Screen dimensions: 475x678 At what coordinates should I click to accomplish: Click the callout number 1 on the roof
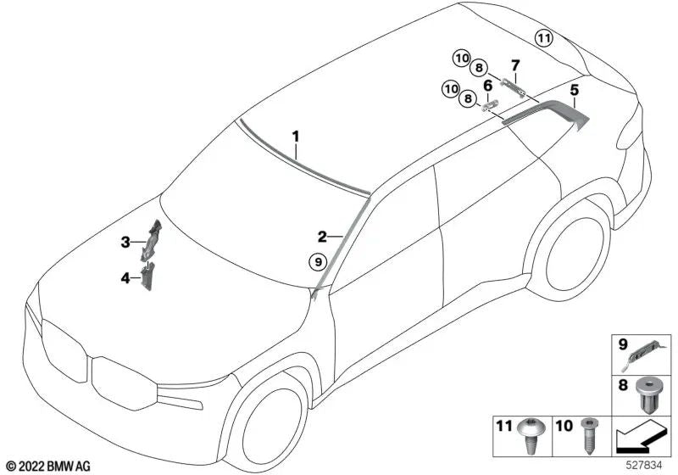[296, 135]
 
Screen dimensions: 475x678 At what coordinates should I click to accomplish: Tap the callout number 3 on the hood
[125, 243]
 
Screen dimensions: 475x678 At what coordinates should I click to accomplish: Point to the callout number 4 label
[125, 277]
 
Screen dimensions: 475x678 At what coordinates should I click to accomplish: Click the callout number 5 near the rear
[574, 89]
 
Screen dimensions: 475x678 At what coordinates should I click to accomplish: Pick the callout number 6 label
[488, 85]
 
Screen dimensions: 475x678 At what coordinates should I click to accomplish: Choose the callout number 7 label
[514, 64]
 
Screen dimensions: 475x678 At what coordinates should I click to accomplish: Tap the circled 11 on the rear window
[542, 37]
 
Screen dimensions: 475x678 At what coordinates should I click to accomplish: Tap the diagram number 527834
[645, 466]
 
